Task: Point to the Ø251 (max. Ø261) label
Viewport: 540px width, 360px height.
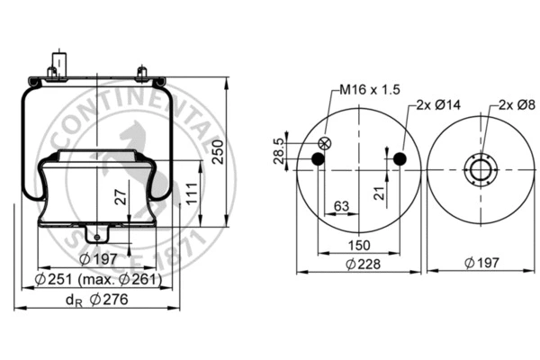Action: pyautogui.click(x=100, y=279)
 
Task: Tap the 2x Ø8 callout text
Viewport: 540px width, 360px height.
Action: pyautogui.click(x=515, y=105)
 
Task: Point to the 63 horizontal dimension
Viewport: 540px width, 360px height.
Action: pyautogui.click(x=340, y=206)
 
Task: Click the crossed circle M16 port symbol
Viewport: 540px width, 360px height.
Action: pyautogui.click(x=326, y=143)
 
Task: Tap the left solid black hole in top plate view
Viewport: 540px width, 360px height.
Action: pyautogui.click(x=317, y=160)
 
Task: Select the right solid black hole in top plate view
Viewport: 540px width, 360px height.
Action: pyautogui.click(x=399, y=160)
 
